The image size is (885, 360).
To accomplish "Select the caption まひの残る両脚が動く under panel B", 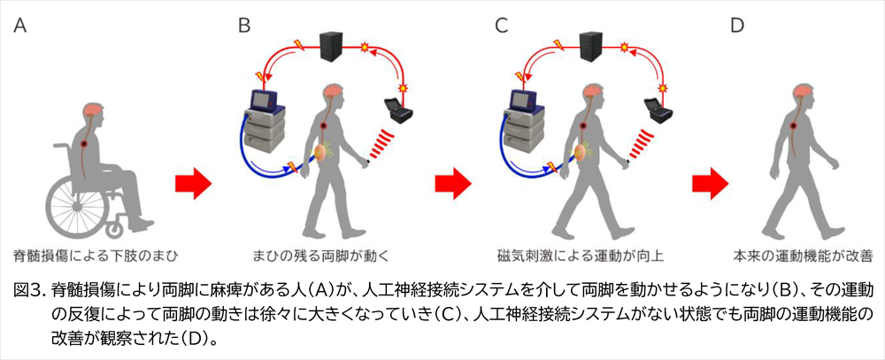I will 327,256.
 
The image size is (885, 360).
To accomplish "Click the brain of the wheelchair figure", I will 96,111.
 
